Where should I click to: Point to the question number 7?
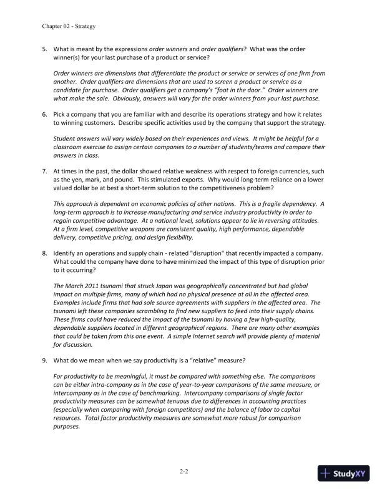pyautogui.click(x=45, y=171)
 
